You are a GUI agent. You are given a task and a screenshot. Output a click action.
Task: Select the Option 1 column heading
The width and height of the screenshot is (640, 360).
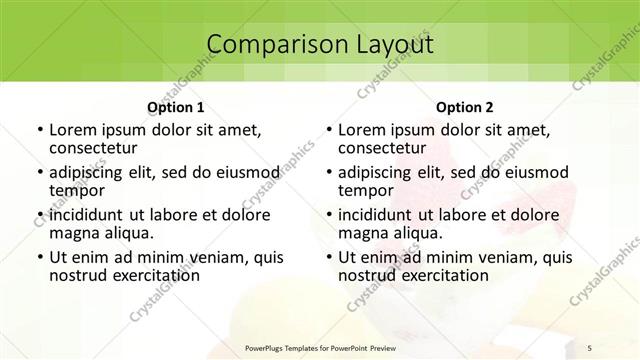[175, 106]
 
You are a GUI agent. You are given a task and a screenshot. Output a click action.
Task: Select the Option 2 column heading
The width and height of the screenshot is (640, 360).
[465, 106]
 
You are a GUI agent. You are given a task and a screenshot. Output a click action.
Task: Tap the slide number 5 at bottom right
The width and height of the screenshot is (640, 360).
[591, 346]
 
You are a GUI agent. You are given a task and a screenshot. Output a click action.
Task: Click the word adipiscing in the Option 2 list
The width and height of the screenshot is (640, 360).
[377, 171]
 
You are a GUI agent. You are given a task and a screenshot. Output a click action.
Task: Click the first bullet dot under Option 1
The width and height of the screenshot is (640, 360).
[39, 130]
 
